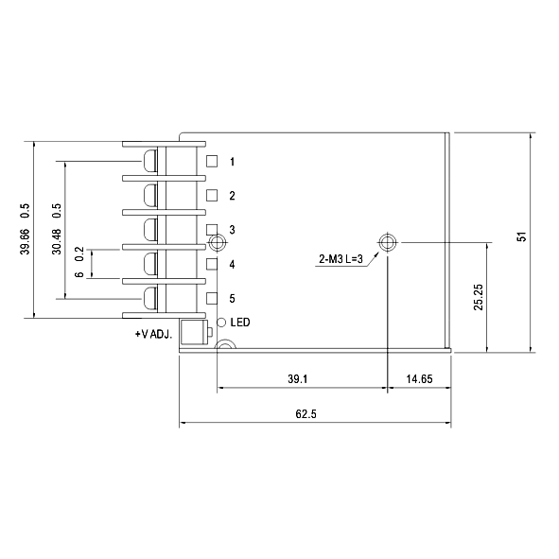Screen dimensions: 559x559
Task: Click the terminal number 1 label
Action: (232, 162)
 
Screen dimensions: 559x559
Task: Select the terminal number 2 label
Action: (232, 196)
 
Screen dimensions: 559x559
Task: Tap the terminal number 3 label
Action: (232, 230)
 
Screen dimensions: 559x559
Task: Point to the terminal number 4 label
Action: (232, 265)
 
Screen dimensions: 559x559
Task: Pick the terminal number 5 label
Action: (232, 299)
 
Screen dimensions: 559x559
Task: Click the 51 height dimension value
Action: (521, 236)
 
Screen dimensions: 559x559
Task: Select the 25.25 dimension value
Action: (479, 296)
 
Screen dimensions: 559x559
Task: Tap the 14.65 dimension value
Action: (419, 379)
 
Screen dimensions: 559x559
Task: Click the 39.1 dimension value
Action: (297, 379)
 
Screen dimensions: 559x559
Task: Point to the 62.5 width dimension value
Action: (306, 414)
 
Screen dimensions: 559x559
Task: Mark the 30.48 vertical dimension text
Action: (57, 241)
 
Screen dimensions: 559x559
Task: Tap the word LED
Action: (239, 323)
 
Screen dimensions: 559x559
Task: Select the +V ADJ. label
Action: (153, 335)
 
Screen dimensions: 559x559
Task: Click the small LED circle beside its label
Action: (222, 323)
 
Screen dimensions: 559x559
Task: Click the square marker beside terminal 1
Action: (212, 162)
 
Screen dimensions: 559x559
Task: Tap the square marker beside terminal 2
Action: (212, 196)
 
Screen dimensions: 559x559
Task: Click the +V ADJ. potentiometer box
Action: (193, 332)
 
